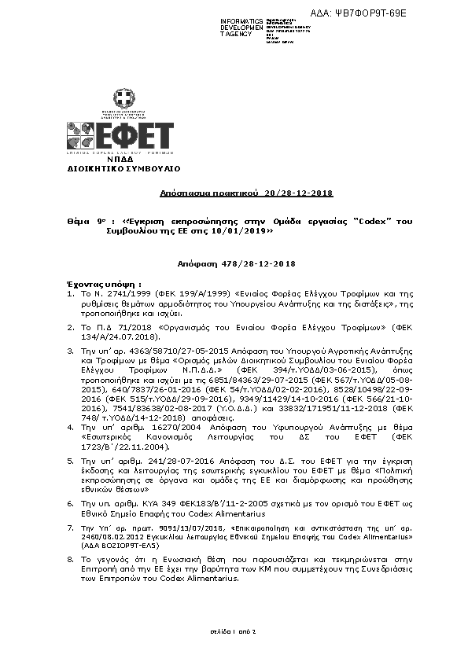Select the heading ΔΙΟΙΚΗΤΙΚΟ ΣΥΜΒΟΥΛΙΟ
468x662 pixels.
(x=124, y=169)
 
